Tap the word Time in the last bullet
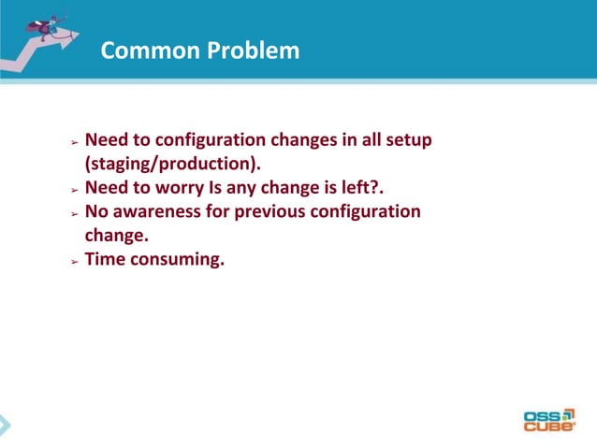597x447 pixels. [x=105, y=259]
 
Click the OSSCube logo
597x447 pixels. [x=550, y=419]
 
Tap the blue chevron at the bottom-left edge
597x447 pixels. [x=5, y=425]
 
